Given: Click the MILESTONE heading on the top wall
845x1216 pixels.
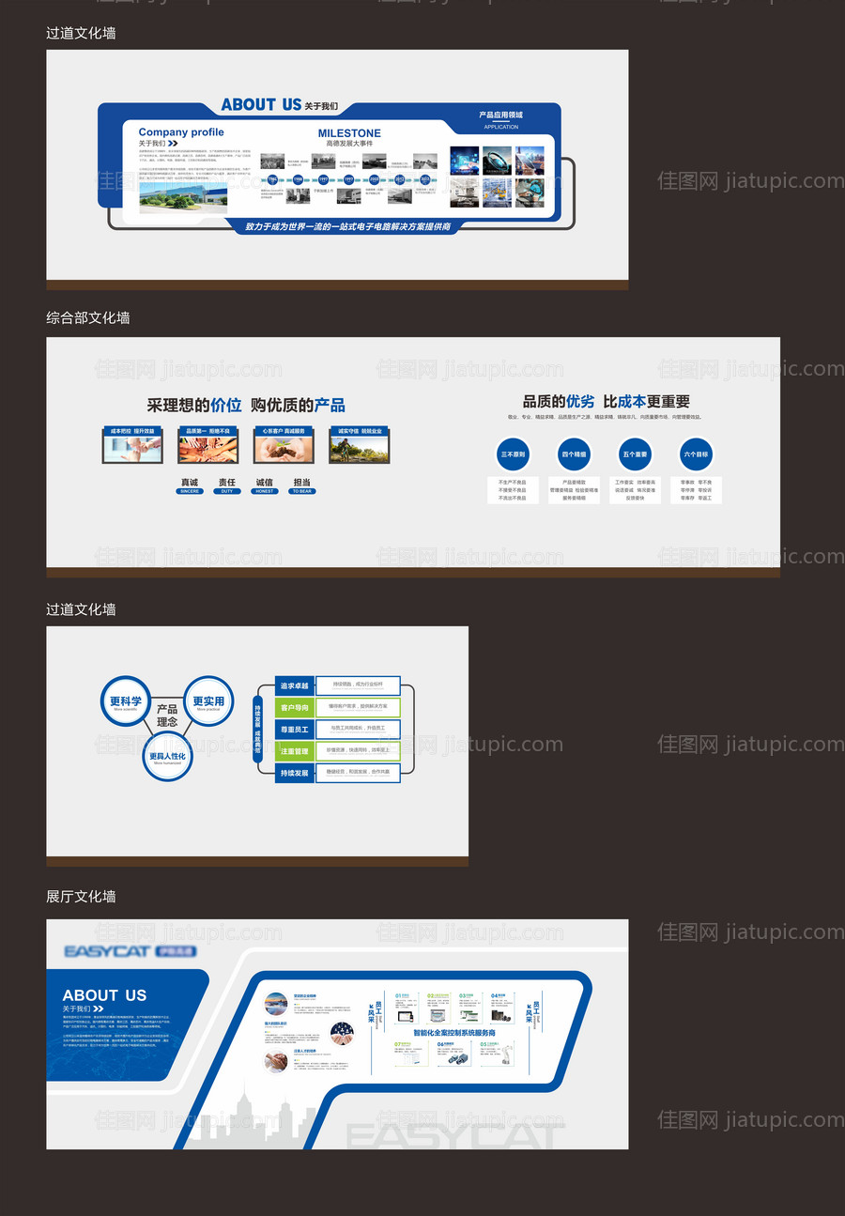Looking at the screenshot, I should click(x=349, y=133).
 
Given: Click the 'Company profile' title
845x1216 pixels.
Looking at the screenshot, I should click(x=181, y=132).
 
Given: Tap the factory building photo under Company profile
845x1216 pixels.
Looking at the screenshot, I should click(x=182, y=192).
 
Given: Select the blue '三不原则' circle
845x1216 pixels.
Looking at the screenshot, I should click(x=513, y=454).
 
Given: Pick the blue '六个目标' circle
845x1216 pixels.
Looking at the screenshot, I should click(x=697, y=454).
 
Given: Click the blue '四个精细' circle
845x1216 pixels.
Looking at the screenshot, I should click(x=574, y=454).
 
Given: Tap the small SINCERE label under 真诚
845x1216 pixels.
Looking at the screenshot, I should click(x=190, y=491).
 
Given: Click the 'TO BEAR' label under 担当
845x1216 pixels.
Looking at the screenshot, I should click(x=301, y=491).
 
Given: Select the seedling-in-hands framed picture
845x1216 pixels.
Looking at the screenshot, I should click(x=283, y=446).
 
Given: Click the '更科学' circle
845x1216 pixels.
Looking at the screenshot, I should click(x=126, y=701).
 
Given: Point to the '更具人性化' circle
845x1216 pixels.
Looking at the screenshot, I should click(x=167, y=756).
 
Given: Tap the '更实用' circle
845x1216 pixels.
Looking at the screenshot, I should click(x=208, y=701).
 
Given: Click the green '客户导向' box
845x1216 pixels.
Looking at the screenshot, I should click(x=294, y=707).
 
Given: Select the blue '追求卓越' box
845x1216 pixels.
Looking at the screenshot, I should click(x=294, y=685).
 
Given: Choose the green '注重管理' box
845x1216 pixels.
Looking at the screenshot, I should click(x=294, y=751).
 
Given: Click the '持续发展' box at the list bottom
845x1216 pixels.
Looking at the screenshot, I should click(x=294, y=773).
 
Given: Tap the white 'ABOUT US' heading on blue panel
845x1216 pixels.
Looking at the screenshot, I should click(x=104, y=995).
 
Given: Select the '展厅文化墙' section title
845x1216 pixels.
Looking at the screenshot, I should click(x=81, y=897).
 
